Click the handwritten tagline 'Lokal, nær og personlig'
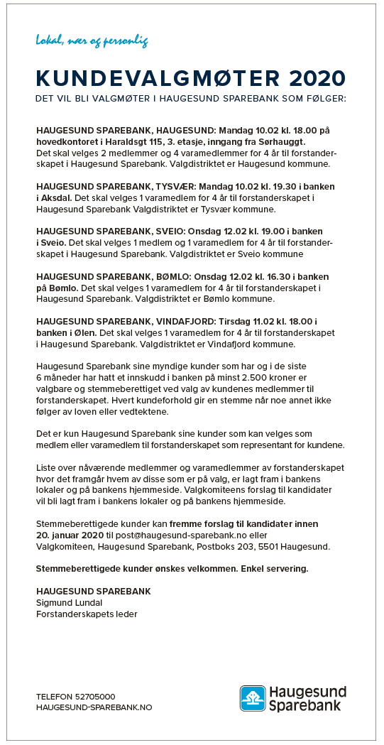[92, 41]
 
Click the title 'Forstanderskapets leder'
[87, 614]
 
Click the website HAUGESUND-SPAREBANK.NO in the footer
[94, 707]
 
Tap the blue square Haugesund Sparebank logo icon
[253, 698]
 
